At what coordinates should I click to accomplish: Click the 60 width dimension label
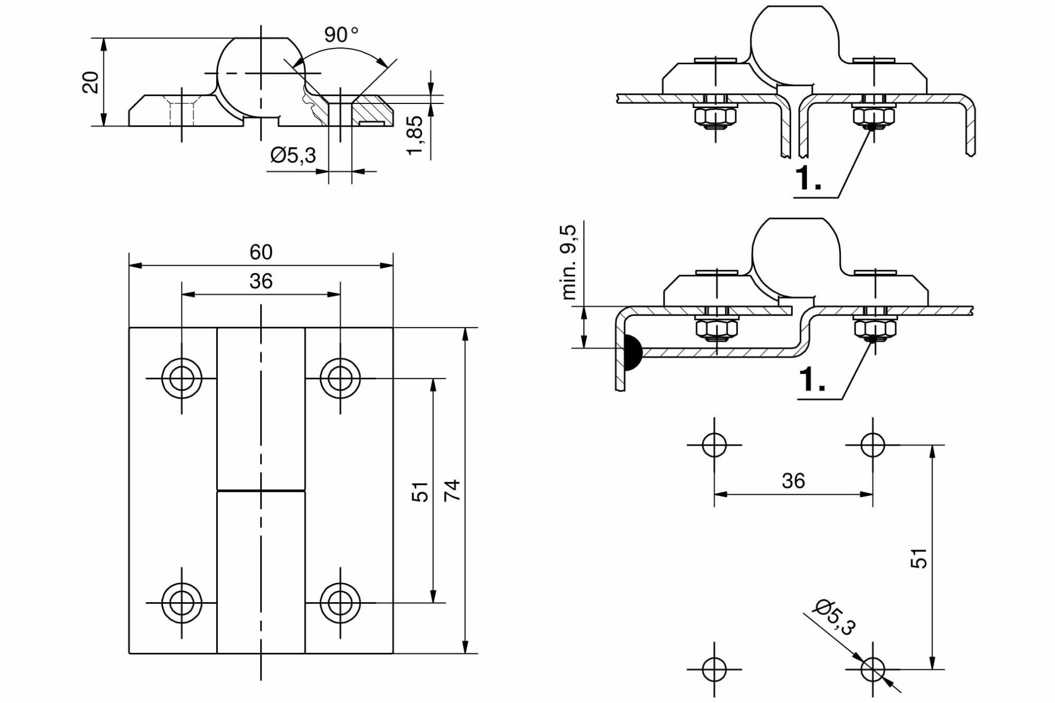point(261,252)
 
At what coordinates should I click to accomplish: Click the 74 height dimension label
point(453,490)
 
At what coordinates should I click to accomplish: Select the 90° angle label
point(341,35)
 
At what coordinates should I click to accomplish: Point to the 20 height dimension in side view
point(91,82)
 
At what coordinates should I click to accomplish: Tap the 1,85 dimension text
point(415,136)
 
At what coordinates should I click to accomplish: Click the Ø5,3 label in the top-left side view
point(293,155)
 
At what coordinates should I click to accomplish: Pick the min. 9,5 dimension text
point(570,262)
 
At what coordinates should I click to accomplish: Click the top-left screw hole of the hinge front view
point(181,378)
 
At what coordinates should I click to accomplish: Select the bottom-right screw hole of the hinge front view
point(340,602)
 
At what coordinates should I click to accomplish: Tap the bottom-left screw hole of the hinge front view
point(181,602)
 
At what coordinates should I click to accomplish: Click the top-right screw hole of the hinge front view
point(340,378)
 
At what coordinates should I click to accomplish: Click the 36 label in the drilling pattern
point(793,481)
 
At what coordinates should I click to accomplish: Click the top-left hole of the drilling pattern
point(714,445)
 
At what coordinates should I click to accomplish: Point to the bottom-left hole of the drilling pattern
point(714,669)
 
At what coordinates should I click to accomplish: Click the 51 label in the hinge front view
point(420,492)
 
